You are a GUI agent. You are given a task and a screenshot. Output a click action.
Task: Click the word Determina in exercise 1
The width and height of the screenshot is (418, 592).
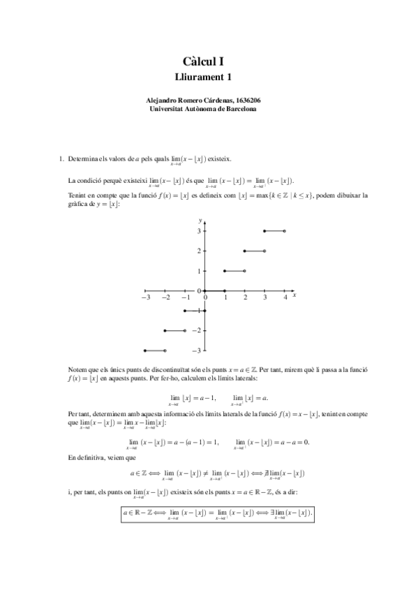point(86,160)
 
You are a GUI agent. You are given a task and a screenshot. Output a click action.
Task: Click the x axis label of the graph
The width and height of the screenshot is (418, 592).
point(295,295)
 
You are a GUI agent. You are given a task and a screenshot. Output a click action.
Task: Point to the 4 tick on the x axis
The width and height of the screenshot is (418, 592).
point(285,297)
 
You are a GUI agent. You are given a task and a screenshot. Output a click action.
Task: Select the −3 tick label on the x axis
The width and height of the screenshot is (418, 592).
point(144,297)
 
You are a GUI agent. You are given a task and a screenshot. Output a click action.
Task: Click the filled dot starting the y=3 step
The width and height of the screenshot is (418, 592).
point(264,230)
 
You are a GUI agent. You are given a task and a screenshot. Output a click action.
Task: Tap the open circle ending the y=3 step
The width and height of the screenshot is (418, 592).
point(285,230)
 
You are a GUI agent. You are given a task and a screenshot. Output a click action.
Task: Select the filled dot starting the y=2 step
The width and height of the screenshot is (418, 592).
point(244,251)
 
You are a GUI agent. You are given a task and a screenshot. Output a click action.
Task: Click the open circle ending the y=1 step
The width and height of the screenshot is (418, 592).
point(244,271)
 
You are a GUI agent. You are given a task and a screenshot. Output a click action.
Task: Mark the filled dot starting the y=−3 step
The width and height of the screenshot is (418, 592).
point(144,350)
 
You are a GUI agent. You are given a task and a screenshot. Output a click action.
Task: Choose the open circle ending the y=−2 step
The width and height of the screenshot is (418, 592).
point(184,330)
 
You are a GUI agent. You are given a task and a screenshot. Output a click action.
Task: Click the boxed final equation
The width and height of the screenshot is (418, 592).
point(217,514)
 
